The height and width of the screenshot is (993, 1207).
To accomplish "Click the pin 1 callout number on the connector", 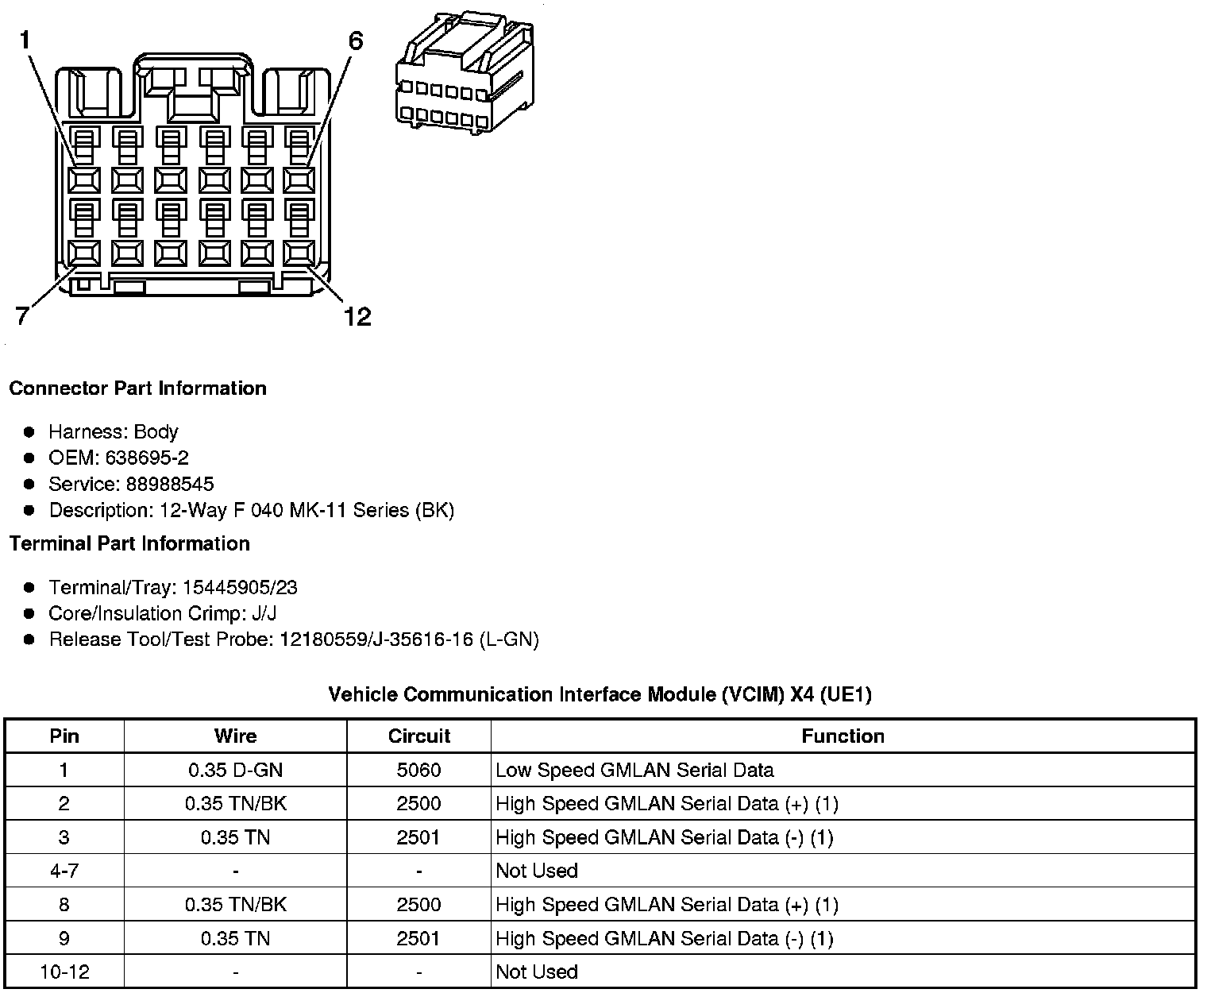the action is click(x=25, y=40).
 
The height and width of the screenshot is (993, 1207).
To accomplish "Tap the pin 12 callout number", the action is click(x=357, y=317).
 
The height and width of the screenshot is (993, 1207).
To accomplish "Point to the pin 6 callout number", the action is click(x=355, y=41).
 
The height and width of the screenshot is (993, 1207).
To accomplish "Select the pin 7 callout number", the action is click(x=22, y=317).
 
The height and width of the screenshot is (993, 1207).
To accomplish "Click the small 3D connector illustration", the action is click(x=464, y=71).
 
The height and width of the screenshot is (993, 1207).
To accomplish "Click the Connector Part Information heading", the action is click(x=137, y=388).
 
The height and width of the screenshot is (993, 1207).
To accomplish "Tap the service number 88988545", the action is click(x=170, y=484).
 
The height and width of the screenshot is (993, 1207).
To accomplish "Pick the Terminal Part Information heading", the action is click(x=129, y=543).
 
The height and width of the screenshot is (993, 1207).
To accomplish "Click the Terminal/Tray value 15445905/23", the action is click(x=240, y=587).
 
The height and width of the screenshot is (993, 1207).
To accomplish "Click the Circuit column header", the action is click(x=418, y=736).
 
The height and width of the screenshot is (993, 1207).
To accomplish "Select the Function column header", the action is click(x=843, y=736).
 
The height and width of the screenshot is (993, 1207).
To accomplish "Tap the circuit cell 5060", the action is click(x=418, y=770).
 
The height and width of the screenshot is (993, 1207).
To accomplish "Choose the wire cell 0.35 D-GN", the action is click(x=235, y=770).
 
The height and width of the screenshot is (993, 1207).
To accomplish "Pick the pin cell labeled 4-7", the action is click(x=64, y=871).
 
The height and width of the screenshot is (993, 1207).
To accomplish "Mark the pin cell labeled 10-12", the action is click(x=64, y=972).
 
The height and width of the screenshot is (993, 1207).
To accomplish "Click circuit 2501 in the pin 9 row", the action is click(x=418, y=938).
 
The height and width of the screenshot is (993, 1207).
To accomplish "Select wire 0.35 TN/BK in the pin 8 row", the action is click(x=235, y=905).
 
